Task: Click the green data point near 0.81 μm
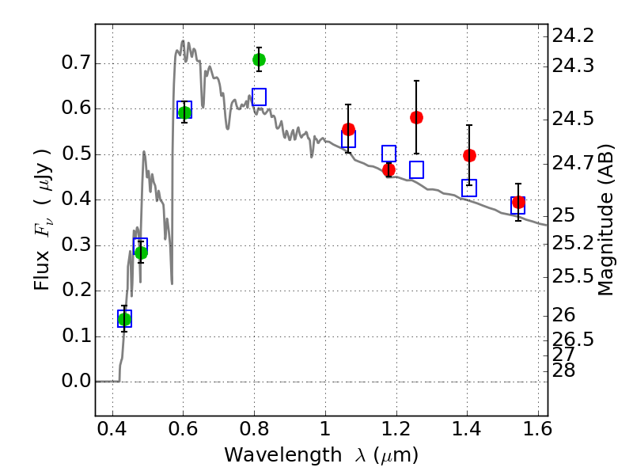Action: tap(259, 59)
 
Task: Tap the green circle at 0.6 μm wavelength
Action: tap(184, 112)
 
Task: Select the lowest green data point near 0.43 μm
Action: tap(124, 319)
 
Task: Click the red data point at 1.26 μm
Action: tap(416, 117)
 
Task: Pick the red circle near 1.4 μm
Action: tap(469, 155)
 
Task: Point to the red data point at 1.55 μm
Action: tap(518, 203)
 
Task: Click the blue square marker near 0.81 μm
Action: tap(259, 97)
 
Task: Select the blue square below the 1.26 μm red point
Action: tap(416, 169)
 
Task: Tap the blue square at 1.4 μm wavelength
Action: tap(469, 188)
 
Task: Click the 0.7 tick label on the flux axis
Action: tap(74, 63)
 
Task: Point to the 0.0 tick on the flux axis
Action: tap(74, 382)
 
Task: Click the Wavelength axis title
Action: tap(320, 455)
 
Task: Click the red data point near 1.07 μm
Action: tap(348, 129)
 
